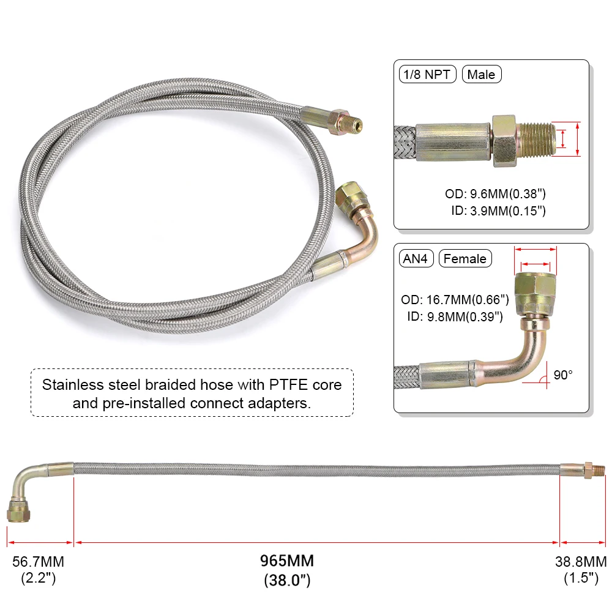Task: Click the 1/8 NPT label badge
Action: (428, 75)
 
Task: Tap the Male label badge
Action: (481, 75)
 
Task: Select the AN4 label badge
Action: (416, 259)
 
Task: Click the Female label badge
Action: (465, 259)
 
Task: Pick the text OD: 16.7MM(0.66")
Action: (455, 300)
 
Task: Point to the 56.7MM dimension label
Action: (39, 561)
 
